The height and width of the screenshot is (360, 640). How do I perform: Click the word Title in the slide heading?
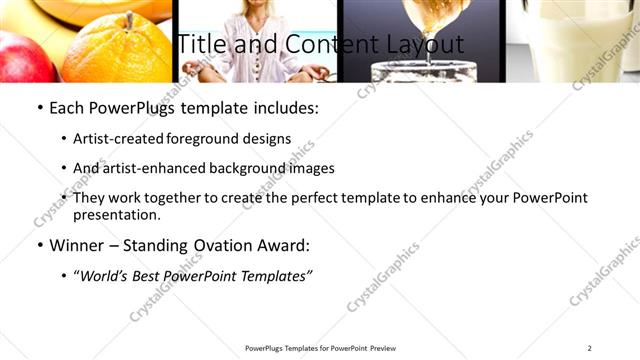click(199, 45)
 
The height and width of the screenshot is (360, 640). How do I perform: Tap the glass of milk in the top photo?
click(585, 40)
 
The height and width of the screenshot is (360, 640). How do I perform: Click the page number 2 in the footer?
click(590, 348)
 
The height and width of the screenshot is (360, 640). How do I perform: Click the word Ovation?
click(228, 245)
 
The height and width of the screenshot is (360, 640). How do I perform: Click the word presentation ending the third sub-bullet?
click(117, 214)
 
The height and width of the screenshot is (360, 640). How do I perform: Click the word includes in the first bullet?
click(285, 108)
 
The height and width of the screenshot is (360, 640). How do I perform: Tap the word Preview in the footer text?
click(383, 348)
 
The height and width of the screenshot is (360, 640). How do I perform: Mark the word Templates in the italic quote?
click(273, 275)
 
